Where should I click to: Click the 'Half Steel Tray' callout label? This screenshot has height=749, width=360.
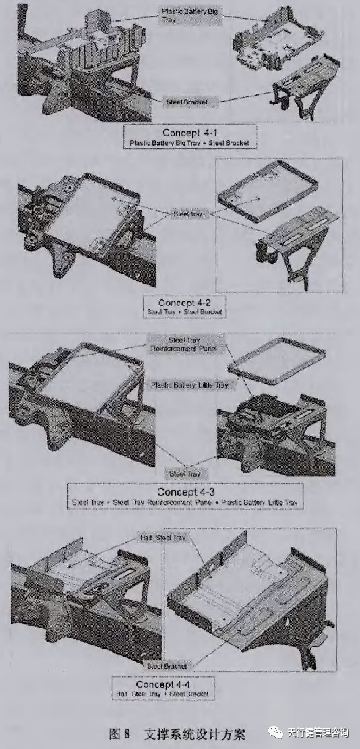click(x=161, y=537)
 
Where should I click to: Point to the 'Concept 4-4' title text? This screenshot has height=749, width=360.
click(x=164, y=683)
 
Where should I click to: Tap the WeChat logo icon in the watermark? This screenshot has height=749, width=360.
click(x=276, y=732)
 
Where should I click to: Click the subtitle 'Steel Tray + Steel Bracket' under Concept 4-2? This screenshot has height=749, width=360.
click(x=185, y=312)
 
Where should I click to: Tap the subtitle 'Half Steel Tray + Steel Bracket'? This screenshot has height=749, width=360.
click(x=164, y=693)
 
